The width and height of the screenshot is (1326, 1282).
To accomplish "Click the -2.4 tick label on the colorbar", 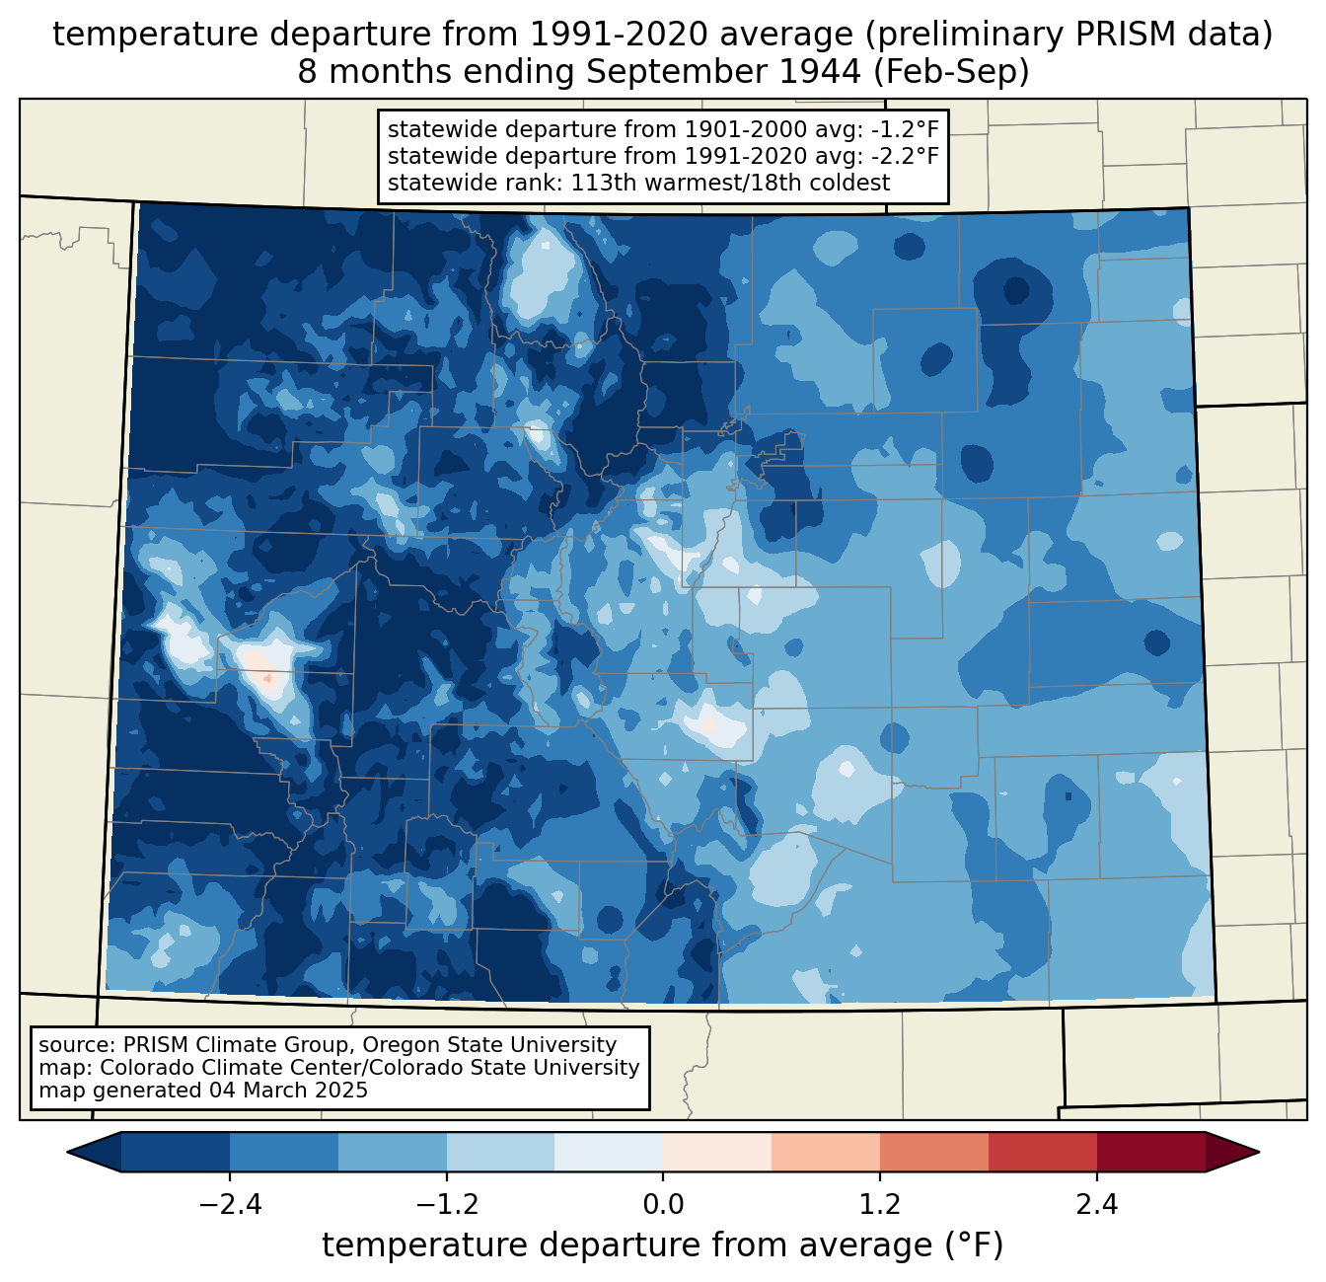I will (230, 1205).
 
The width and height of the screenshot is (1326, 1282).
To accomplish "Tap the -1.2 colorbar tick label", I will (447, 1205).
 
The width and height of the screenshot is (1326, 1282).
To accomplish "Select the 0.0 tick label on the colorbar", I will (663, 1205).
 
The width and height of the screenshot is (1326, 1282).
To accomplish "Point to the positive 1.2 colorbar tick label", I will (880, 1205).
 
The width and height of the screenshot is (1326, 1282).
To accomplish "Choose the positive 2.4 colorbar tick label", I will (1096, 1205).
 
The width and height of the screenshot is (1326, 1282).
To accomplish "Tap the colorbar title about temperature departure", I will (663, 1245).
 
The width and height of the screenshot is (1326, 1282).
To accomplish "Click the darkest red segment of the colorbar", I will (1150, 1152).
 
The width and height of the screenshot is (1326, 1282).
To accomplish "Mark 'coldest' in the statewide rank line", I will (849, 183).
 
